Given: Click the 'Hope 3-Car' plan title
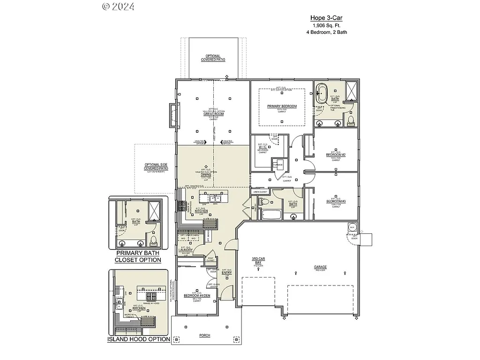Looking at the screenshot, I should pyautogui.click(x=327, y=18).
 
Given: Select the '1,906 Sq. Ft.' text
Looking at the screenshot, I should pyautogui.click(x=327, y=25).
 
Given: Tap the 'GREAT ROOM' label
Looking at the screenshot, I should pyautogui.click(x=213, y=114).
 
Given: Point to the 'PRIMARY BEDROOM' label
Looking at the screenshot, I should pyautogui.click(x=282, y=106).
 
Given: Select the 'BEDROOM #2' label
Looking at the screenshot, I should pyautogui.click(x=336, y=155).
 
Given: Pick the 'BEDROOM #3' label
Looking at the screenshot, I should pyautogui.click(x=336, y=202).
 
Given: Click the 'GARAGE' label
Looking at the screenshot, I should pyautogui.click(x=321, y=267).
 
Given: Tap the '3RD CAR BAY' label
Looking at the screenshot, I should pyautogui.click(x=259, y=261).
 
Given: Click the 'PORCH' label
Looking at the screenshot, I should pyautogui.click(x=204, y=336).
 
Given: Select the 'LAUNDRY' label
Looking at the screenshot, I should pyautogui.click(x=186, y=250).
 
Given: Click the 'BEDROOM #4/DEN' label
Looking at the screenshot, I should pyautogui.click(x=193, y=295).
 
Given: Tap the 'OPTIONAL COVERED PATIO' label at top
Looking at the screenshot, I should pyautogui.click(x=213, y=58).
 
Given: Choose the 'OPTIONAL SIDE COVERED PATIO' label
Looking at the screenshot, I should pyautogui.click(x=156, y=166).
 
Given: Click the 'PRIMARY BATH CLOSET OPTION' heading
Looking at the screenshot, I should pyautogui.click(x=138, y=256).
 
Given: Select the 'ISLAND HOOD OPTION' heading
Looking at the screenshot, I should pyautogui.click(x=139, y=339).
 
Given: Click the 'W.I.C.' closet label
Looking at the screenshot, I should pyautogui.click(x=262, y=147).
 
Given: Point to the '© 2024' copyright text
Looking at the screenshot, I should pyautogui.click(x=118, y=6).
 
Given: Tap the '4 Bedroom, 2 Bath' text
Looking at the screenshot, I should pyautogui.click(x=327, y=32).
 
